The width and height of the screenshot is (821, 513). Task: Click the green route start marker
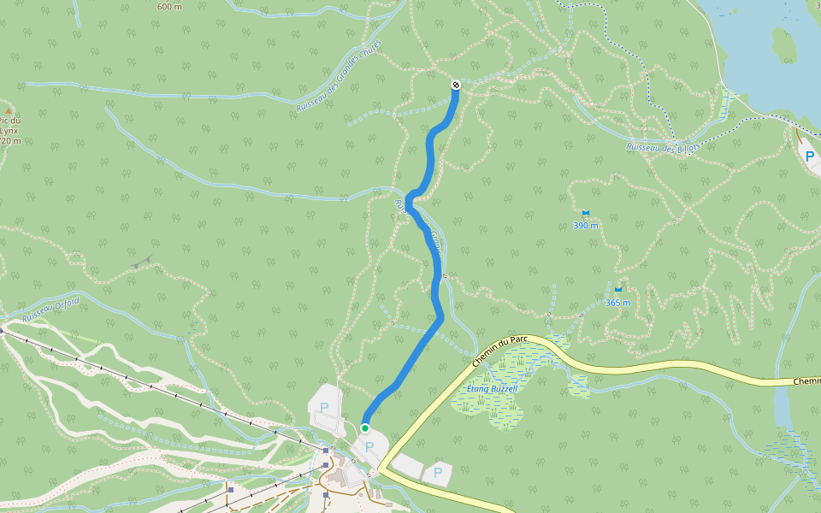tap(364, 427)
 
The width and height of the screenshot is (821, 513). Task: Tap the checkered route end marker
tap(457, 85)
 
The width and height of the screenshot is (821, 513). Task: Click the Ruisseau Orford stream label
tap(51, 309)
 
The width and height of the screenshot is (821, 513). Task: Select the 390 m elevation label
tap(586, 226)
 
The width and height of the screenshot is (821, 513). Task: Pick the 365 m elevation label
tap(617, 303)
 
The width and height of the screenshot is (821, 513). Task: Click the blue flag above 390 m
tap(586, 213)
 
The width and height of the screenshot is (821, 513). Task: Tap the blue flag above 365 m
tap(617, 290)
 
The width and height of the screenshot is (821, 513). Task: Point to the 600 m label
tap(169, 7)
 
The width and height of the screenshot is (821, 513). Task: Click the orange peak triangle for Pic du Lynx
tap(9, 111)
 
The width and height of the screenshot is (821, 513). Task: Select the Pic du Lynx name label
tap(10, 131)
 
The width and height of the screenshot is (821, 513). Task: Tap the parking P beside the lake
tap(809, 156)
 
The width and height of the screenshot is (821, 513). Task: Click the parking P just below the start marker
tap(369, 446)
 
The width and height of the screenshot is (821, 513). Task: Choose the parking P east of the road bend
tap(438, 472)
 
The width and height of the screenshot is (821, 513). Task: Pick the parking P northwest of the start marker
tap(324, 408)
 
